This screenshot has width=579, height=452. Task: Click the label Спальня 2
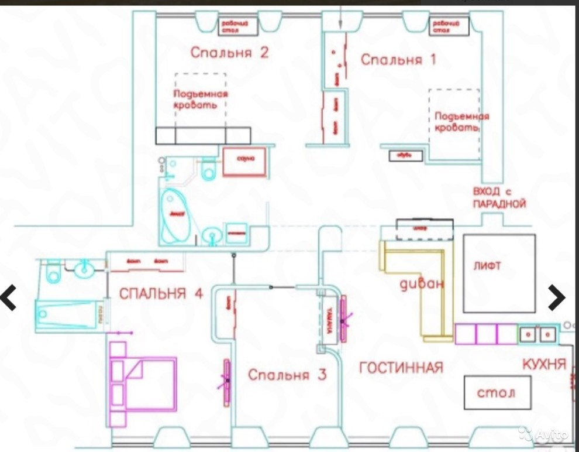pos(229,53)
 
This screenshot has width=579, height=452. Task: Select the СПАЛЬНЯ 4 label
pos(161,294)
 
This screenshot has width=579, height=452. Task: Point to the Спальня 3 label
pos(287,375)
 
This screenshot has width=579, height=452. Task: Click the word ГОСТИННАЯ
pos(401,368)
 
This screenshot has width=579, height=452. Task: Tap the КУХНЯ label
pos(544,364)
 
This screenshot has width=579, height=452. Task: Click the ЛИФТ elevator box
pos(499,273)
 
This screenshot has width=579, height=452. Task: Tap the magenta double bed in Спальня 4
pos(150,384)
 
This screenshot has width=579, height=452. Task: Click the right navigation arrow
pos(557,298)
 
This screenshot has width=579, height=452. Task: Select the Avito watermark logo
pos(544,434)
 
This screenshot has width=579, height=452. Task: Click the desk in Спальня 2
pos(237,25)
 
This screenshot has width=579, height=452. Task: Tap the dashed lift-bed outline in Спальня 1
pos(454,123)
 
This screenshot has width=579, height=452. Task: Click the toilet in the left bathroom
pos(51,270)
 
